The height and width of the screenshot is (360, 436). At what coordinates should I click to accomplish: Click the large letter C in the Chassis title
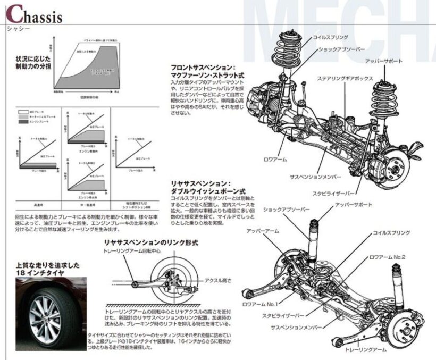(x=14, y=14)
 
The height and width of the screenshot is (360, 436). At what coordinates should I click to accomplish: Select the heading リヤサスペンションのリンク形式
(x=150, y=242)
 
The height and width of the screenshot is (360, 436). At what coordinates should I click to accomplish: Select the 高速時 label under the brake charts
(x=37, y=204)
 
